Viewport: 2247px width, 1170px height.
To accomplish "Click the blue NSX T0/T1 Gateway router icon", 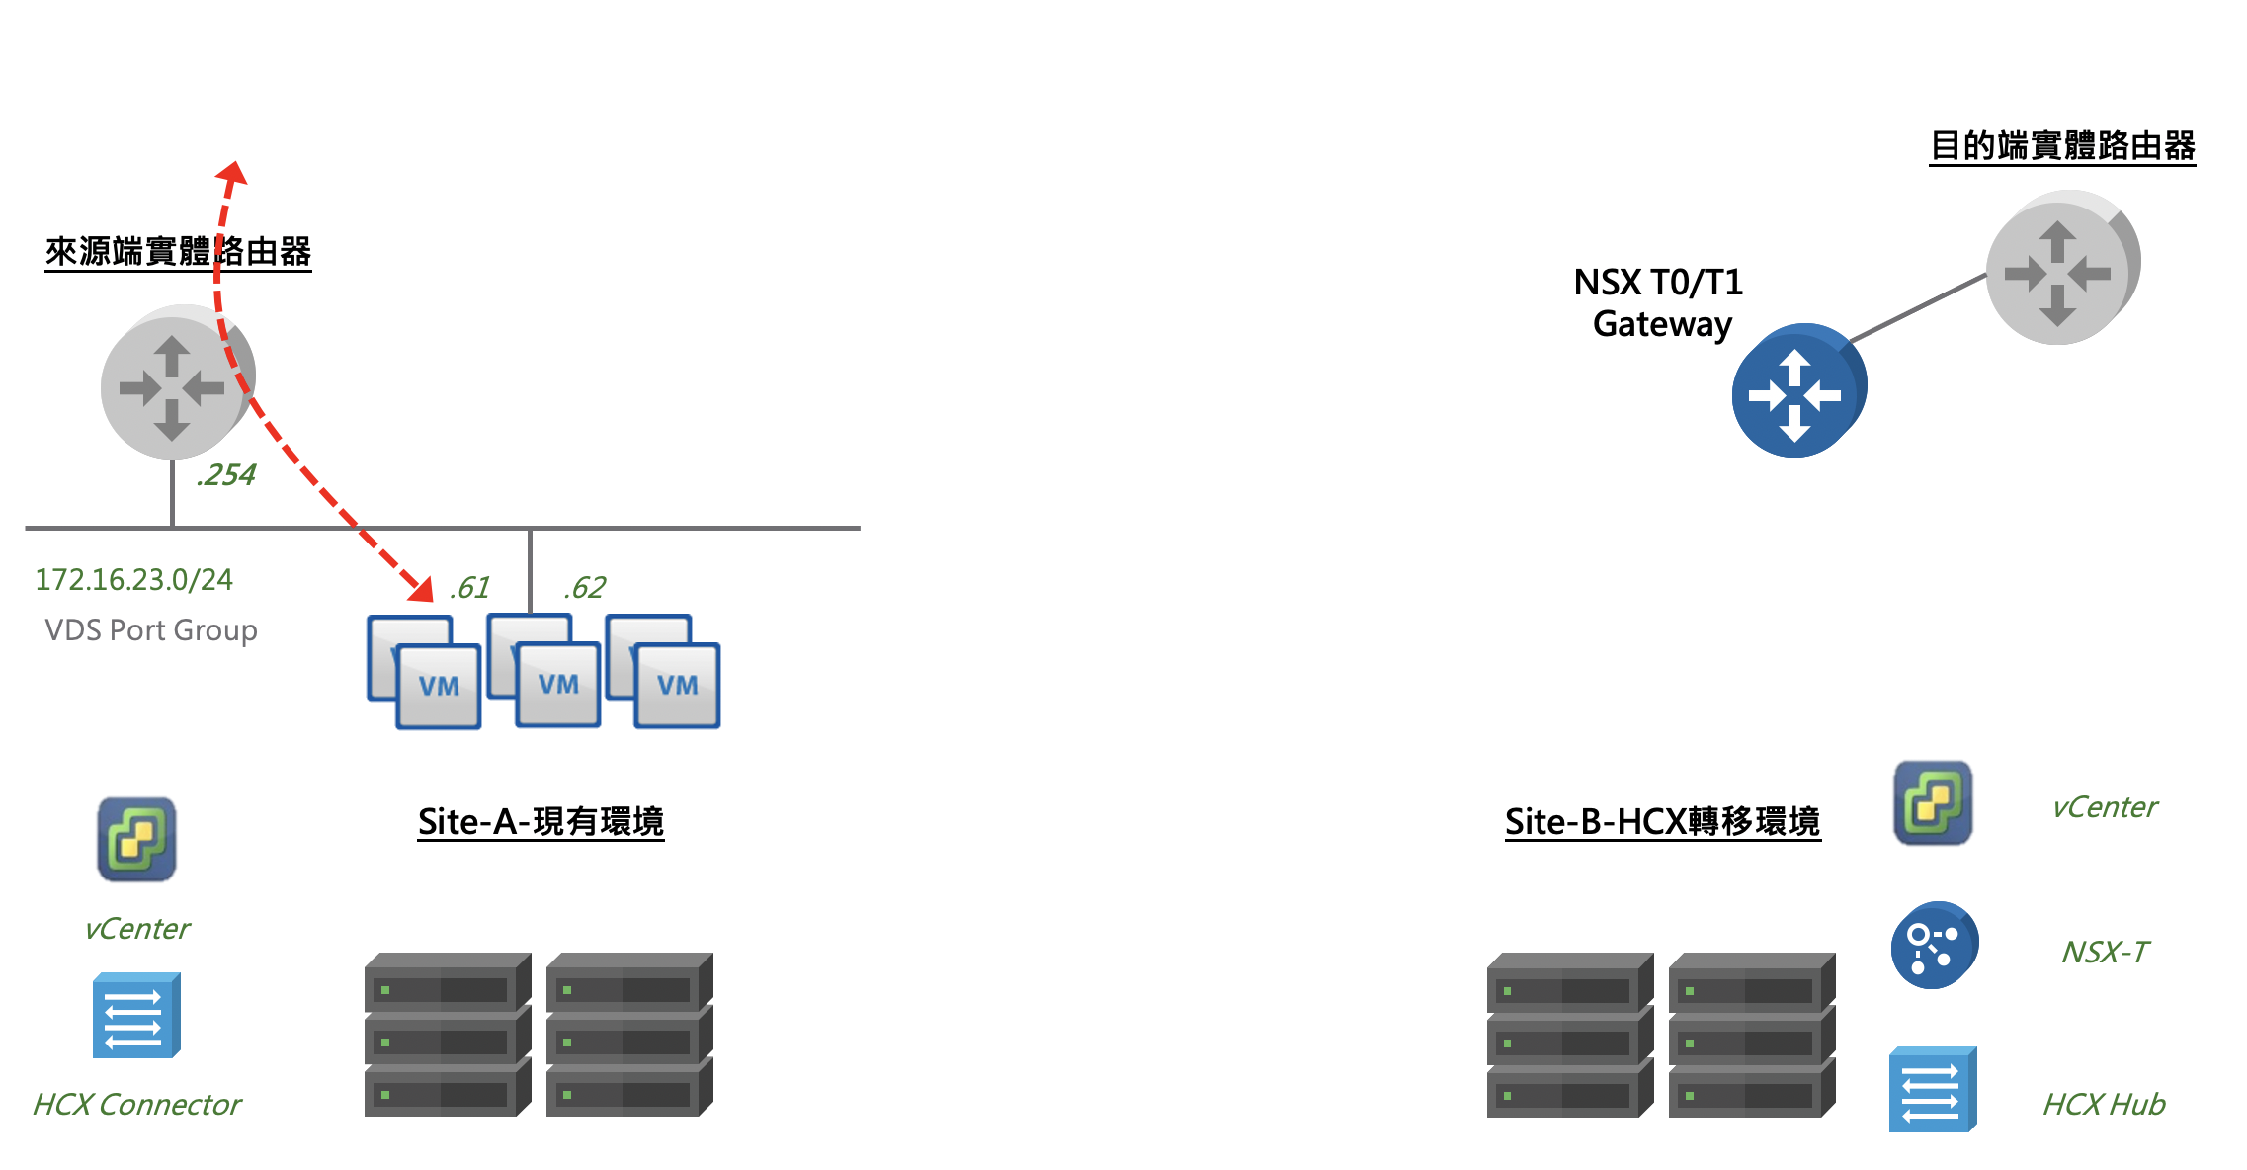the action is coord(1799,390).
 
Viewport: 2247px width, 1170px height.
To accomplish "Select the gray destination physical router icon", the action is coord(2063,267).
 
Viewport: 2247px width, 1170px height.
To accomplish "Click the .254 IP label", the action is coord(226,475).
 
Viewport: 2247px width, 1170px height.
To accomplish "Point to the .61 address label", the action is coord(469,588).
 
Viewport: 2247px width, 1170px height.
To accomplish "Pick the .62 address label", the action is coord(585,588).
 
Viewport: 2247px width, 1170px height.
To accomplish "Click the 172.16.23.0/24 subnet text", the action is coord(134,579).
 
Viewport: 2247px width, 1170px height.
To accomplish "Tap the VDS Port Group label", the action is coord(151,630).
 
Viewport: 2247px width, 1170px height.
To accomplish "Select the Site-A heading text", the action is coord(541,821).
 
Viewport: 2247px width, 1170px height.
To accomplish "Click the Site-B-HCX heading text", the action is coord(1663,821).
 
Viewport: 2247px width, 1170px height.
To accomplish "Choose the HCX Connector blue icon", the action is coord(136,1016).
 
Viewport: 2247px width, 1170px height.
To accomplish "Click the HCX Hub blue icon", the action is coord(1933,1089).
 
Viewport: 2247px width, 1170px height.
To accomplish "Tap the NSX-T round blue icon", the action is coord(1935,945).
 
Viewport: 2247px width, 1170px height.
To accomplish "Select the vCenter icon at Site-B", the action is coord(1933,802).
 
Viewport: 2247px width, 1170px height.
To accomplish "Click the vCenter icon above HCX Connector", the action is coord(136,839).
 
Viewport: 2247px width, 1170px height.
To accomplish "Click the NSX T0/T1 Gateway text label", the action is coord(1659,302).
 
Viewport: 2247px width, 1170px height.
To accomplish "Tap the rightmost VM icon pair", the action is coord(663,671).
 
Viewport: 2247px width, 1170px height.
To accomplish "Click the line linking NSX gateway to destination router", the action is coord(1917,308).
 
